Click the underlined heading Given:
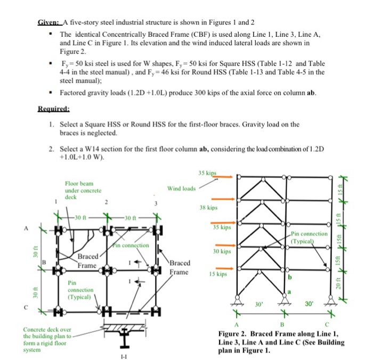pos(49,23)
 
